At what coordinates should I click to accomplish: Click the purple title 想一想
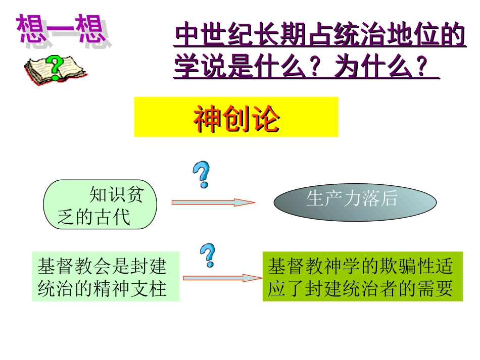(x=62, y=30)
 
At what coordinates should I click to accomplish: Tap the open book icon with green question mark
(x=55, y=69)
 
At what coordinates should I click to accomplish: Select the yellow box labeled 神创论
(x=236, y=117)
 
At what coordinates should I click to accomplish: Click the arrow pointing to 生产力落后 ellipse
(x=213, y=202)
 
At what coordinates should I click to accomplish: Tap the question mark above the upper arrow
(x=202, y=175)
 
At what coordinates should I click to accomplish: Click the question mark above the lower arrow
(x=207, y=255)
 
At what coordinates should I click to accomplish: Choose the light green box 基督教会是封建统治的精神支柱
(x=105, y=277)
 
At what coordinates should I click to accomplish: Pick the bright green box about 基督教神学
(x=362, y=277)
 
